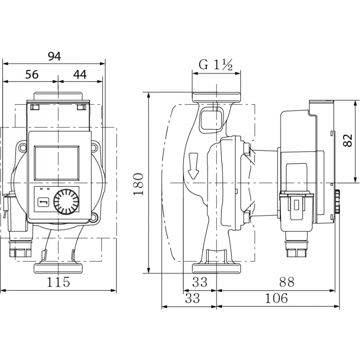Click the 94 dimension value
[54, 56]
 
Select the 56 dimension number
[31, 74]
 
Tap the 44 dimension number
[80, 74]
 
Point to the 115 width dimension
[58, 282]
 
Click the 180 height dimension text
[139, 184]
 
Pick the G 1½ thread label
[216, 65]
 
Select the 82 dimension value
[347, 140]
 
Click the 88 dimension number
[287, 282]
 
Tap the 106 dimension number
[276, 298]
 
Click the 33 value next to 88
[200, 282]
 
